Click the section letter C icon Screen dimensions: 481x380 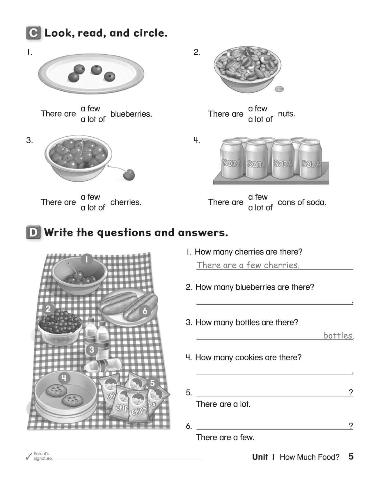click(x=33, y=33)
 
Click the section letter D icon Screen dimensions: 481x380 click(x=33, y=233)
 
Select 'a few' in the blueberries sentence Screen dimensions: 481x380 click(x=90, y=108)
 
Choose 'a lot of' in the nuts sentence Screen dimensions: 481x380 click(x=260, y=119)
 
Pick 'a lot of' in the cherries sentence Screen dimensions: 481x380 click(x=93, y=208)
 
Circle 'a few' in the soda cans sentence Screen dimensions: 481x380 click(x=258, y=197)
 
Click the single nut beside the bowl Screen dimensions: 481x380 click(x=279, y=89)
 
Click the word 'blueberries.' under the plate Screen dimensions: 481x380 click(x=131, y=114)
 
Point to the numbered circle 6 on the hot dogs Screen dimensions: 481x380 click(x=145, y=311)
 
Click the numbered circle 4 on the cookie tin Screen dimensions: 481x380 click(x=64, y=378)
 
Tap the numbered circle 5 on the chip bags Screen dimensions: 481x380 click(x=152, y=383)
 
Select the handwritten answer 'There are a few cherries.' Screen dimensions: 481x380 click(x=248, y=265)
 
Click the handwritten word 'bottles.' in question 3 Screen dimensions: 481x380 click(x=338, y=335)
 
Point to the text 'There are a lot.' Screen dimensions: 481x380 click(x=223, y=404)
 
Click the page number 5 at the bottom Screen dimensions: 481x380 click(x=351, y=456)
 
